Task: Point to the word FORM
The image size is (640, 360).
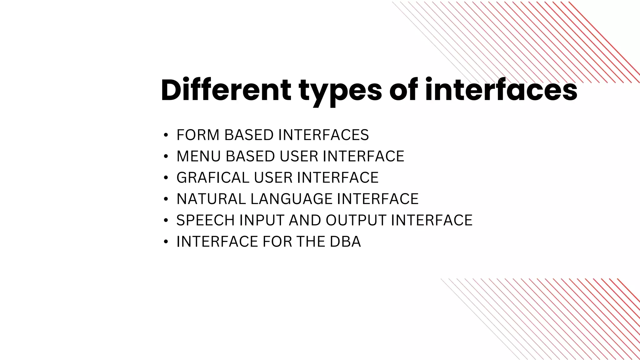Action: [x=198, y=135]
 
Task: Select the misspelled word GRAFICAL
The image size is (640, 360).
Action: [x=213, y=177]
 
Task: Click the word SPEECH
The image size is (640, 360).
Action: [x=205, y=220]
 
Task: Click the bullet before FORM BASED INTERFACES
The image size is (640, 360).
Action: [x=166, y=135]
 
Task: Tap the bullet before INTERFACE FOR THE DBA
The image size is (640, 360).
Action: [x=166, y=242]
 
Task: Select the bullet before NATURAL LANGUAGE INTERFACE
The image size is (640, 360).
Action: [x=166, y=199]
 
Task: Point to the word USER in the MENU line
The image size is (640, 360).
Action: [x=298, y=156]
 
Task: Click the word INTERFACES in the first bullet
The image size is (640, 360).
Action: [x=323, y=135]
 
